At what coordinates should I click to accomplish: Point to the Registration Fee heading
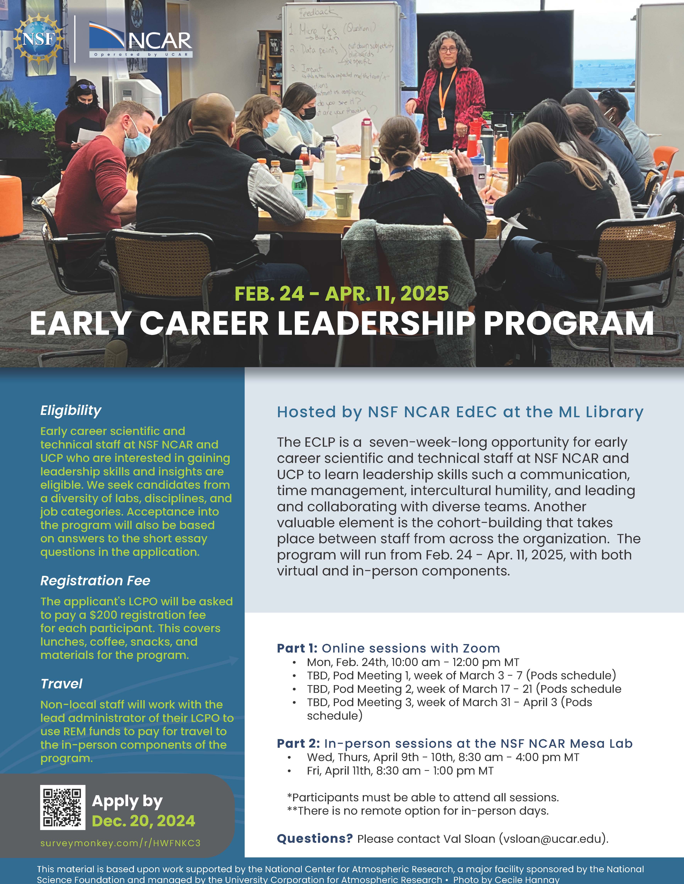(95, 581)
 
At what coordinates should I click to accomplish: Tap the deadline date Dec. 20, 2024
(143, 821)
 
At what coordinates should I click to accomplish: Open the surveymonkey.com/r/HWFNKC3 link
(120, 843)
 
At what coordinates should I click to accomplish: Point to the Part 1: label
(297, 648)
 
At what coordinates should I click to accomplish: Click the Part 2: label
(298, 744)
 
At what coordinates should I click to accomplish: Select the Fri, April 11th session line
(400, 771)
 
